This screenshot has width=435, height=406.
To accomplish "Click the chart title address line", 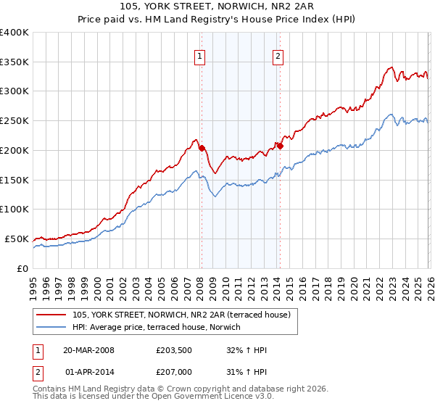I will pyautogui.click(x=217, y=7).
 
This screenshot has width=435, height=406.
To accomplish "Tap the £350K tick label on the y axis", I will pyautogui.click(x=14, y=62).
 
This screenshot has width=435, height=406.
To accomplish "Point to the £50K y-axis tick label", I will pyautogui.click(x=17, y=239).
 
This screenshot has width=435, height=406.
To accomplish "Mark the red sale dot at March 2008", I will pyautogui.click(x=202, y=148).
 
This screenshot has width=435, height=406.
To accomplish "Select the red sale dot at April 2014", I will pyautogui.click(x=280, y=146).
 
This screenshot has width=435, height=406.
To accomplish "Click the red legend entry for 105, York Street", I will pyautogui.click(x=182, y=314).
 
